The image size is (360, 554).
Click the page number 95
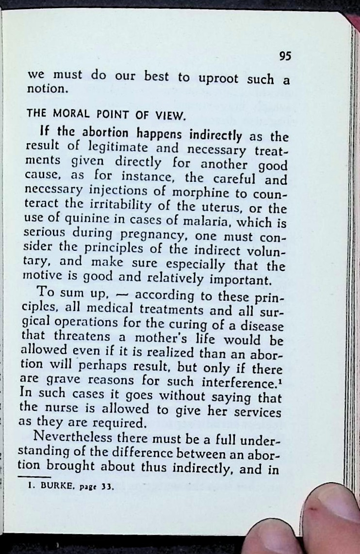(x=285, y=56)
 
